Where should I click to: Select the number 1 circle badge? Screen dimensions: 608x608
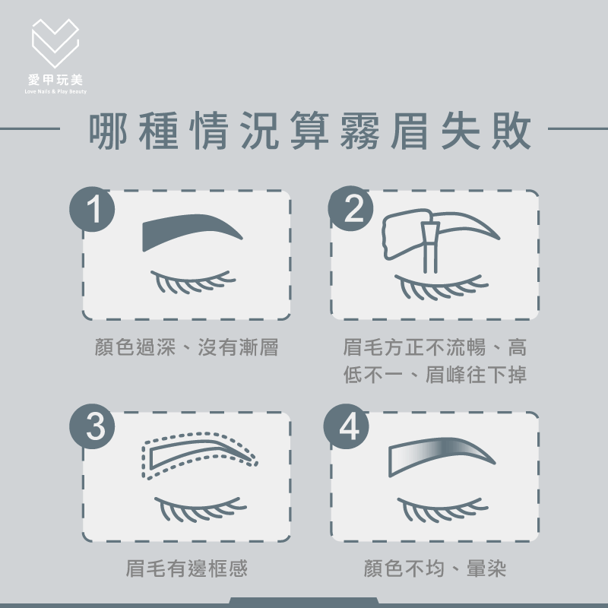tap(93, 210)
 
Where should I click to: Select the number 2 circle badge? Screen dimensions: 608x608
tap(352, 210)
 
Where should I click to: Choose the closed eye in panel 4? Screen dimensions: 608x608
tap(441, 509)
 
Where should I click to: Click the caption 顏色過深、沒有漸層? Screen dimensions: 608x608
tap(186, 348)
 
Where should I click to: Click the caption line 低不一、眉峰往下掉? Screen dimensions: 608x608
tap(435, 375)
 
